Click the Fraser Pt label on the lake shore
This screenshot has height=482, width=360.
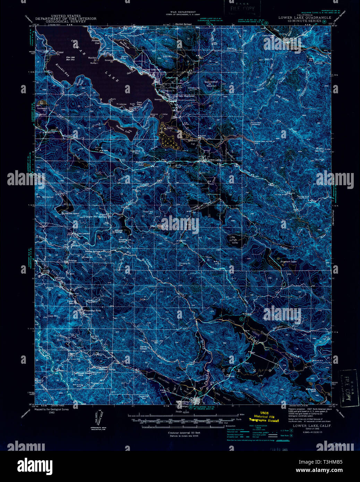click(61, 53)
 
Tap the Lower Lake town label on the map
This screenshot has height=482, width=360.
click(214, 160)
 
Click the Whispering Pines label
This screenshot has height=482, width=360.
click(91, 310)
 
